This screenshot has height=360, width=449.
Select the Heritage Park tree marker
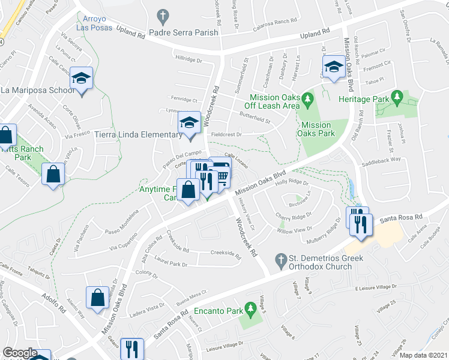(x=396, y=96)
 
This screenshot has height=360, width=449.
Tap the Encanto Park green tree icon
(x=252, y=308)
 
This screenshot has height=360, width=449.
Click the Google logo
(x=20, y=353)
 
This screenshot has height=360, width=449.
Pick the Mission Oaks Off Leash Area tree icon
(x=307, y=97)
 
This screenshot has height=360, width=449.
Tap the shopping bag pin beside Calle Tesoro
(x=53, y=175)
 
